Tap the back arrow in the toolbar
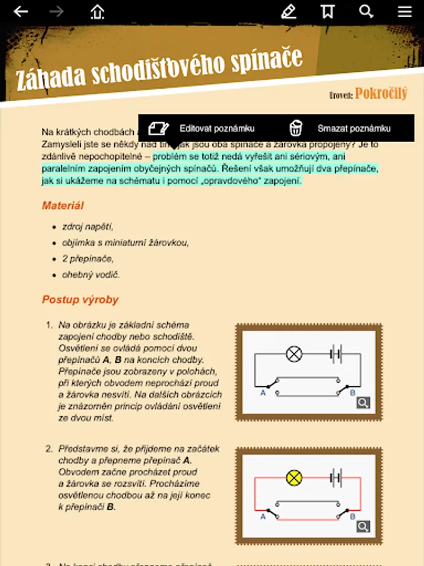[x=21, y=11]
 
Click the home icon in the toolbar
[x=97, y=11]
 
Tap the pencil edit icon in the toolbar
[x=288, y=11]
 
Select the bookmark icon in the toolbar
[x=327, y=11]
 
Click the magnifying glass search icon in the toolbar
[x=366, y=11]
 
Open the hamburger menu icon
[x=405, y=11]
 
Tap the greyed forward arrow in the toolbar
[x=57, y=11]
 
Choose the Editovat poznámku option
[x=217, y=128]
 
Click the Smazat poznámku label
[x=354, y=128]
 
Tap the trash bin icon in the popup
[x=296, y=128]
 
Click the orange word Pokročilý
[x=381, y=94]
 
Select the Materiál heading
[x=63, y=206]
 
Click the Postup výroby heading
[x=80, y=300]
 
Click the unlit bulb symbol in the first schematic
[x=294, y=354]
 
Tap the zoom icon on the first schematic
[x=363, y=402]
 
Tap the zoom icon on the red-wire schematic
[x=363, y=526]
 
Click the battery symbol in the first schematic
[x=335, y=354]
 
